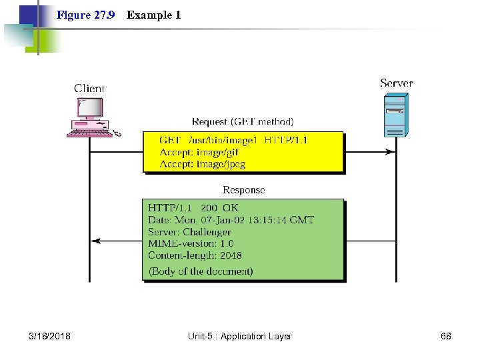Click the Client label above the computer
click(89, 88)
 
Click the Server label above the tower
click(396, 83)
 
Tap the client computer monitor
click(89, 108)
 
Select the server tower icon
click(395, 114)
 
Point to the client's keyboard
click(89, 132)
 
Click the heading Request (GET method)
click(243, 122)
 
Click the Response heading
click(243, 190)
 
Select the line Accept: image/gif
click(199, 152)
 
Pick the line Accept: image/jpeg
click(202, 164)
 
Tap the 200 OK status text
click(221, 207)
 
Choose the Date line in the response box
click(231, 219)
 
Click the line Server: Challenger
click(189, 231)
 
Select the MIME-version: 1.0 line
click(191, 243)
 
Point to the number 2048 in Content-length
click(231, 255)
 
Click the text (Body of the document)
click(201, 271)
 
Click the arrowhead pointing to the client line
click(95, 241)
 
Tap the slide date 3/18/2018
click(50, 337)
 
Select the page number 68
click(446, 337)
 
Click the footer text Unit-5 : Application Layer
click(240, 337)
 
